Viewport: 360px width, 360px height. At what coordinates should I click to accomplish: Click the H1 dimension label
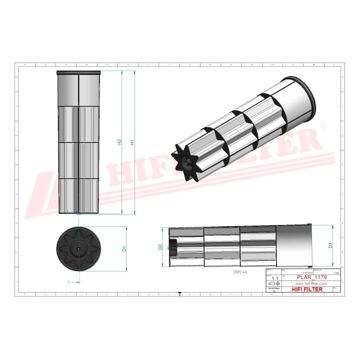[132, 142]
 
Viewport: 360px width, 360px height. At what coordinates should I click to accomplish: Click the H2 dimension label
[119, 142]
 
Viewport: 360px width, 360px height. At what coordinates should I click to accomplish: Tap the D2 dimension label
[160, 246]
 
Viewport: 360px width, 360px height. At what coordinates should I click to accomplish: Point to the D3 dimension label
[330, 245]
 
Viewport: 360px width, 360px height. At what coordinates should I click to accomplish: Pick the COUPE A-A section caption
[240, 272]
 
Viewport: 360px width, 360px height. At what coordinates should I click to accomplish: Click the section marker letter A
[68, 282]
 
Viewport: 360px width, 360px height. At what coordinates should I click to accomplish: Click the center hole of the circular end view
[79, 247]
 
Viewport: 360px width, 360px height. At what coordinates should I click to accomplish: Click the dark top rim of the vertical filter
[79, 73]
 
